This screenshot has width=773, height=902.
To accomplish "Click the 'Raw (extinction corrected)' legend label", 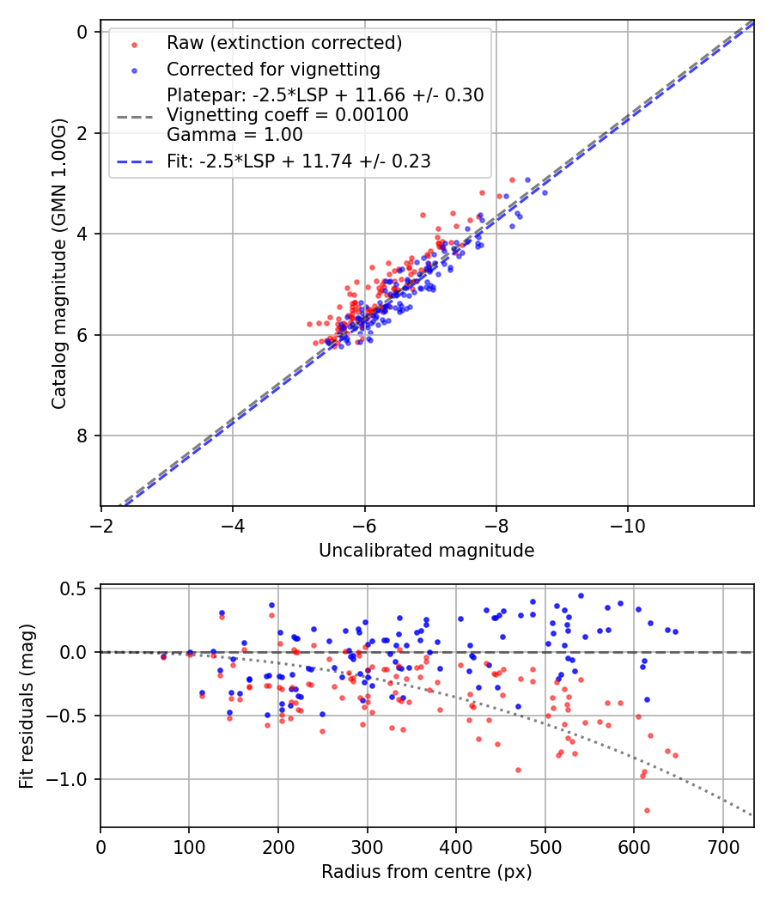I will [x=284, y=43].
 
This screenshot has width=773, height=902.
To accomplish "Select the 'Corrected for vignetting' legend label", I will [x=273, y=69].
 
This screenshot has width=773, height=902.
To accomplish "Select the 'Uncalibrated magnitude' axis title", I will [x=426, y=551].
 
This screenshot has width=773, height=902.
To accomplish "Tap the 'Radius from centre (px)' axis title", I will [x=426, y=872].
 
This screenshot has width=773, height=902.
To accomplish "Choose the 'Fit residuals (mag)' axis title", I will [x=27, y=707].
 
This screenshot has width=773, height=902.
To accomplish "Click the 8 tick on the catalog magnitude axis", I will [x=82, y=436].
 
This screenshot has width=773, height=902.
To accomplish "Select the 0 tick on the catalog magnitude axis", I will [x=82, y=32].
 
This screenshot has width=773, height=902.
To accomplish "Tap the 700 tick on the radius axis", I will [x=722, y=847].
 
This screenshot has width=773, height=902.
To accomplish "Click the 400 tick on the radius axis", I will [x=456, y=847].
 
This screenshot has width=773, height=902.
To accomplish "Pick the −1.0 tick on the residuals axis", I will [x=74, y=779].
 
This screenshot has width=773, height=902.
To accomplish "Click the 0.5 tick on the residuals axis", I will [x=78, y=588].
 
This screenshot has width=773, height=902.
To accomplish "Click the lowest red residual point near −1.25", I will [x=647, y=810].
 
